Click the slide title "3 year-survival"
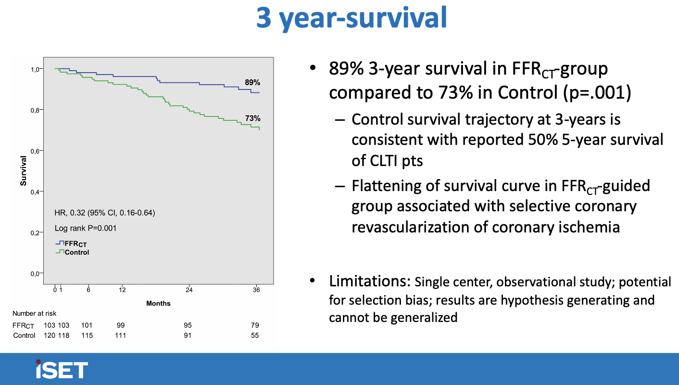352,18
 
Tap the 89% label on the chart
252,83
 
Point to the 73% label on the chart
252,118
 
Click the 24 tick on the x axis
189,290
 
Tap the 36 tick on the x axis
256,290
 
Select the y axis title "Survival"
23,171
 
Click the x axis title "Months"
158,303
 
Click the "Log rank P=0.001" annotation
86,229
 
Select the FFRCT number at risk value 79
255,325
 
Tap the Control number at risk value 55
255,335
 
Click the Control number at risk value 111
121,335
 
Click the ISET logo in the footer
62,369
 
